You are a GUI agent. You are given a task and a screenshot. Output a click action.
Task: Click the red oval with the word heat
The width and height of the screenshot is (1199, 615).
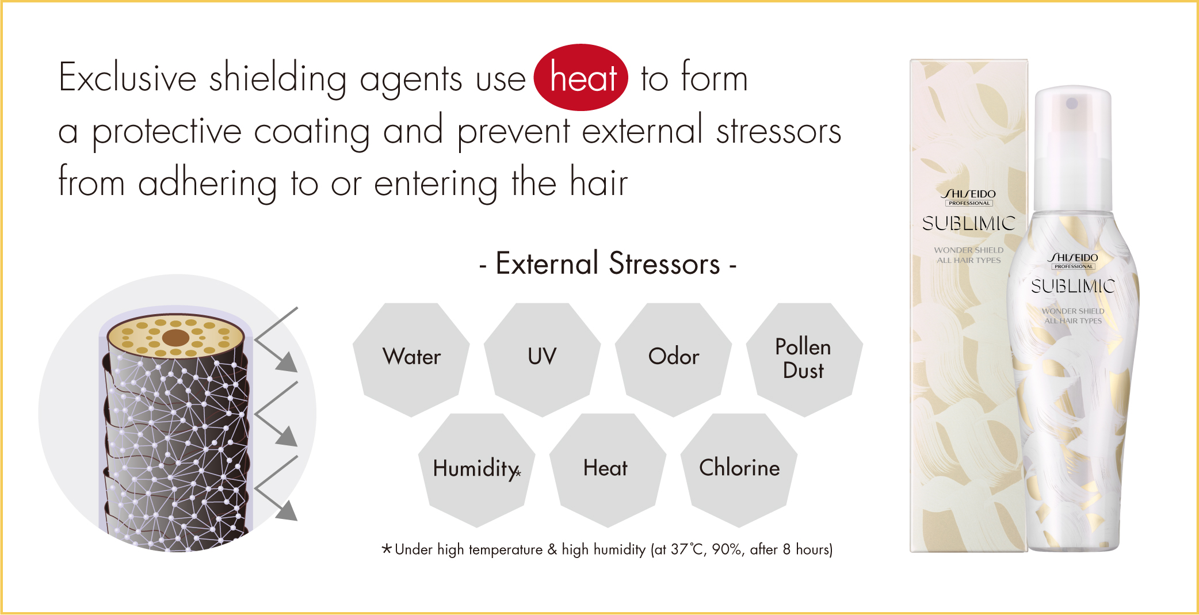tap(581, 77)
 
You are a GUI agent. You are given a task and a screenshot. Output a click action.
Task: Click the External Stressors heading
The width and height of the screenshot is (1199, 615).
tap(608, 264)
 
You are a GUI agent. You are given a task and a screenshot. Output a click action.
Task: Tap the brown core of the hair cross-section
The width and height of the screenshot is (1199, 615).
tap(176, 337)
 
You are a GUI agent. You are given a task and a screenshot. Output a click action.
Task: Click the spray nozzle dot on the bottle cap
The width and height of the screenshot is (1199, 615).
tap(1072, 104)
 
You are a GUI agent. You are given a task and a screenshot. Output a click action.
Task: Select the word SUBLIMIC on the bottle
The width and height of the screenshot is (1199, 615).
tap(1073, 286)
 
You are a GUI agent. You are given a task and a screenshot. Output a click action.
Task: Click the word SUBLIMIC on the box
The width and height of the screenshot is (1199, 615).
tap(969, 223)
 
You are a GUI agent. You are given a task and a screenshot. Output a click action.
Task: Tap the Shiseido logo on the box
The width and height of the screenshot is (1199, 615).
tap(969, 197)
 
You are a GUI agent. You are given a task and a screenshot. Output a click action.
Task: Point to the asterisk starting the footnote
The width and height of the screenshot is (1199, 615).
tap(387, 548)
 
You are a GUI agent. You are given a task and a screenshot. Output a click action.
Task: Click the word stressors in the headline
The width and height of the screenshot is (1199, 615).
tap(779, 131)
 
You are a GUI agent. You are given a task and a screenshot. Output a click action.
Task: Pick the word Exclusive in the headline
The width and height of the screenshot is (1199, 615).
tap(128, 77)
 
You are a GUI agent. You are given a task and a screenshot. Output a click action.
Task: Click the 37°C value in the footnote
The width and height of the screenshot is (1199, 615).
tap(688, 549)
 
